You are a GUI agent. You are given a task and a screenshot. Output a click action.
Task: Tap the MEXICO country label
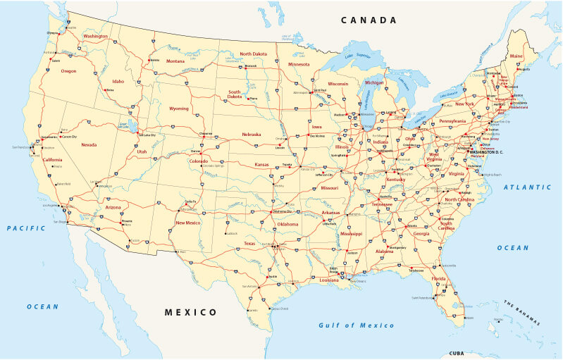pyautogui.click(x=190, y=312)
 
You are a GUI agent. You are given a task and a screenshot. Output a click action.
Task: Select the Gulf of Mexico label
pyautogui.click(x=357, y=325)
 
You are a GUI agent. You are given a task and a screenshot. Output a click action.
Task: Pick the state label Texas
pyautogui.click(x=249, y=243)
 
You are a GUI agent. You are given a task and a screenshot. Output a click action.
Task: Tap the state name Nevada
pyautogui.click(x=89, y=144)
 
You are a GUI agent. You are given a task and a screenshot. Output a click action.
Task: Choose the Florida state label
pyautogui.click(x=439, y=279)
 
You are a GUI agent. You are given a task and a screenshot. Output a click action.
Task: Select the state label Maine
pyautogui.click(x=516, y=56)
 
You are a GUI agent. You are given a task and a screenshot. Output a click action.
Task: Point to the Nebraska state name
pyautogui.click(x=252, y=134)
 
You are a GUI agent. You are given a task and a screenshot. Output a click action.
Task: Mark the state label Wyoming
pyautogui.click(x=179, y=108)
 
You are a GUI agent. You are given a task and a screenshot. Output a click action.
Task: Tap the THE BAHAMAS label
pyautogui.click(x=522, y=313)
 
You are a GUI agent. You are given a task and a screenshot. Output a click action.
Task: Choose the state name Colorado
pyautogui.click(x=198, y=161)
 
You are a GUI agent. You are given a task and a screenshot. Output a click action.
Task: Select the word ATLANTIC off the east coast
pyautogui.click(x=528, y=187)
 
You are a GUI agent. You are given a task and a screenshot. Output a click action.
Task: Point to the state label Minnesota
pyautogui.click(x=298, y=64)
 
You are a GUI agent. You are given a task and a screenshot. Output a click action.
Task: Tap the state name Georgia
pyautogui.click(x=421, y=233)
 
